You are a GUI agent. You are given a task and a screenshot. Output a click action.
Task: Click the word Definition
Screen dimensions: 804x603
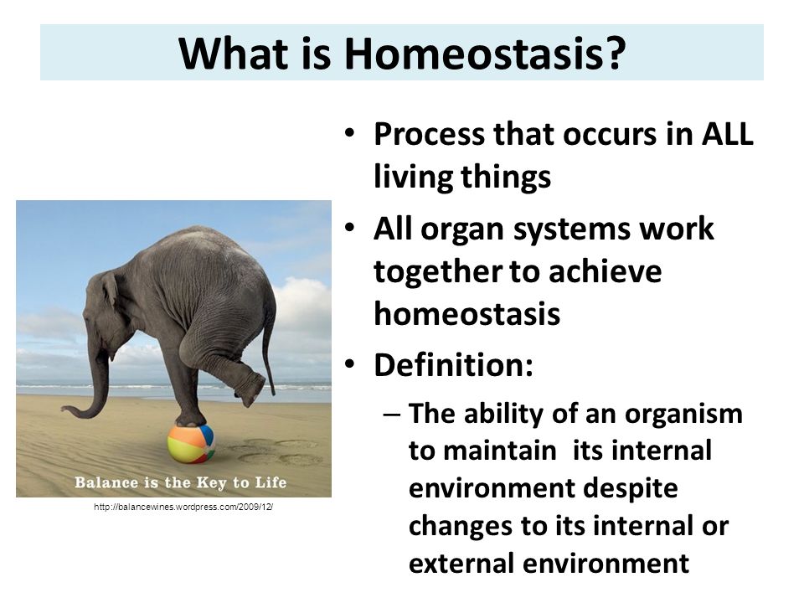tap(453, 365)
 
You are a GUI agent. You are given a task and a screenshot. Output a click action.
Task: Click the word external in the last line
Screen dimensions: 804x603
tap(461, 563)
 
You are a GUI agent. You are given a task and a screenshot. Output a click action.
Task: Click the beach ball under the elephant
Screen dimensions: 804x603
tap(191, 444)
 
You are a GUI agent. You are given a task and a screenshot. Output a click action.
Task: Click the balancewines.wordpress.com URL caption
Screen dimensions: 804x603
tap(183, 508)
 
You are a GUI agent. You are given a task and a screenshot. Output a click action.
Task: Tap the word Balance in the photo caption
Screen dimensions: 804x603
tap(106, 482)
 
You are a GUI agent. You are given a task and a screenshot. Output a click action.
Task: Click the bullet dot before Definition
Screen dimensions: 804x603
tap(350, 364)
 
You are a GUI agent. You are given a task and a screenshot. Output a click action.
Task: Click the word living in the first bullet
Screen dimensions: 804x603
tap(413, 178)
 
